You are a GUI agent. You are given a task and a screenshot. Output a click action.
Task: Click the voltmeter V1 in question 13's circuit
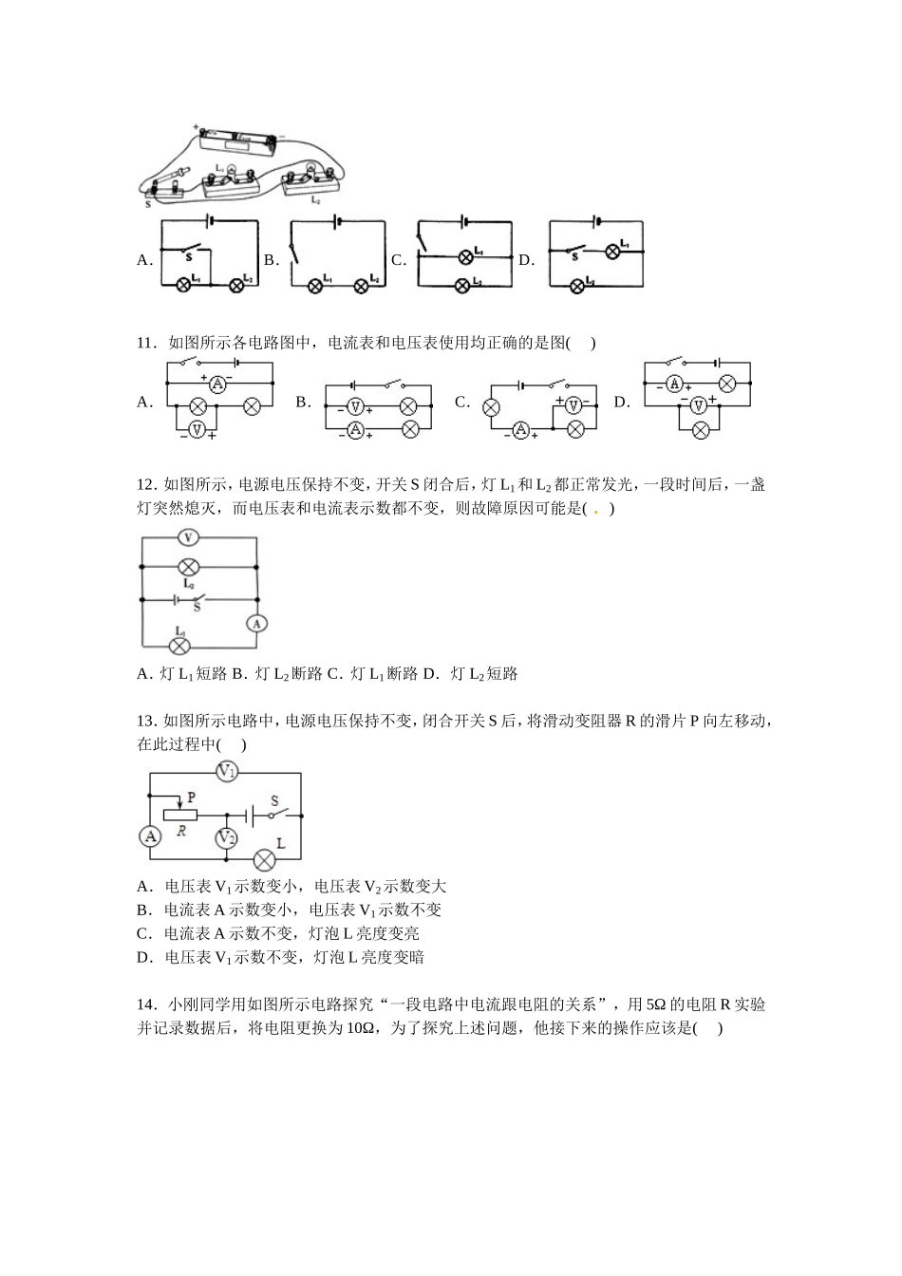227,772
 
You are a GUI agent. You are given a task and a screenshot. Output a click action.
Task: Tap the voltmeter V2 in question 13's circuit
226,837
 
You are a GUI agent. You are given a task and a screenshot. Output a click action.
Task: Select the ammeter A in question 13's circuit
150,836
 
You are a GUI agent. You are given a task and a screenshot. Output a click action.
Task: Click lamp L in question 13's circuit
264,860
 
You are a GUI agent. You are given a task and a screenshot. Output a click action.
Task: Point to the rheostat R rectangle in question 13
180,815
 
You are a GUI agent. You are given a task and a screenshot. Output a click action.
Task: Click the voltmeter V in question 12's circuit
188,537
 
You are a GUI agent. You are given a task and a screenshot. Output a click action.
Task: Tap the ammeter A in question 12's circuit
256,623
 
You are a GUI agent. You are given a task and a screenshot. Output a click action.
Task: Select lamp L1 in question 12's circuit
179,647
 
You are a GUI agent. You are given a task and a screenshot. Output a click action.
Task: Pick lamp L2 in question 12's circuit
188,567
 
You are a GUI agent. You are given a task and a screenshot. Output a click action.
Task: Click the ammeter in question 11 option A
217,384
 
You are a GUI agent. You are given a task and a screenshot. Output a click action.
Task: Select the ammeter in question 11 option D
675,384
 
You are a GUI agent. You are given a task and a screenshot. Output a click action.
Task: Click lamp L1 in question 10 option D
612,251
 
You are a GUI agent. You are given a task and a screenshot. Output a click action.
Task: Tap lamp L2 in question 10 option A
237,284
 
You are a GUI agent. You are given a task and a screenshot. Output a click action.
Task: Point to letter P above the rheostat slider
192,797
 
